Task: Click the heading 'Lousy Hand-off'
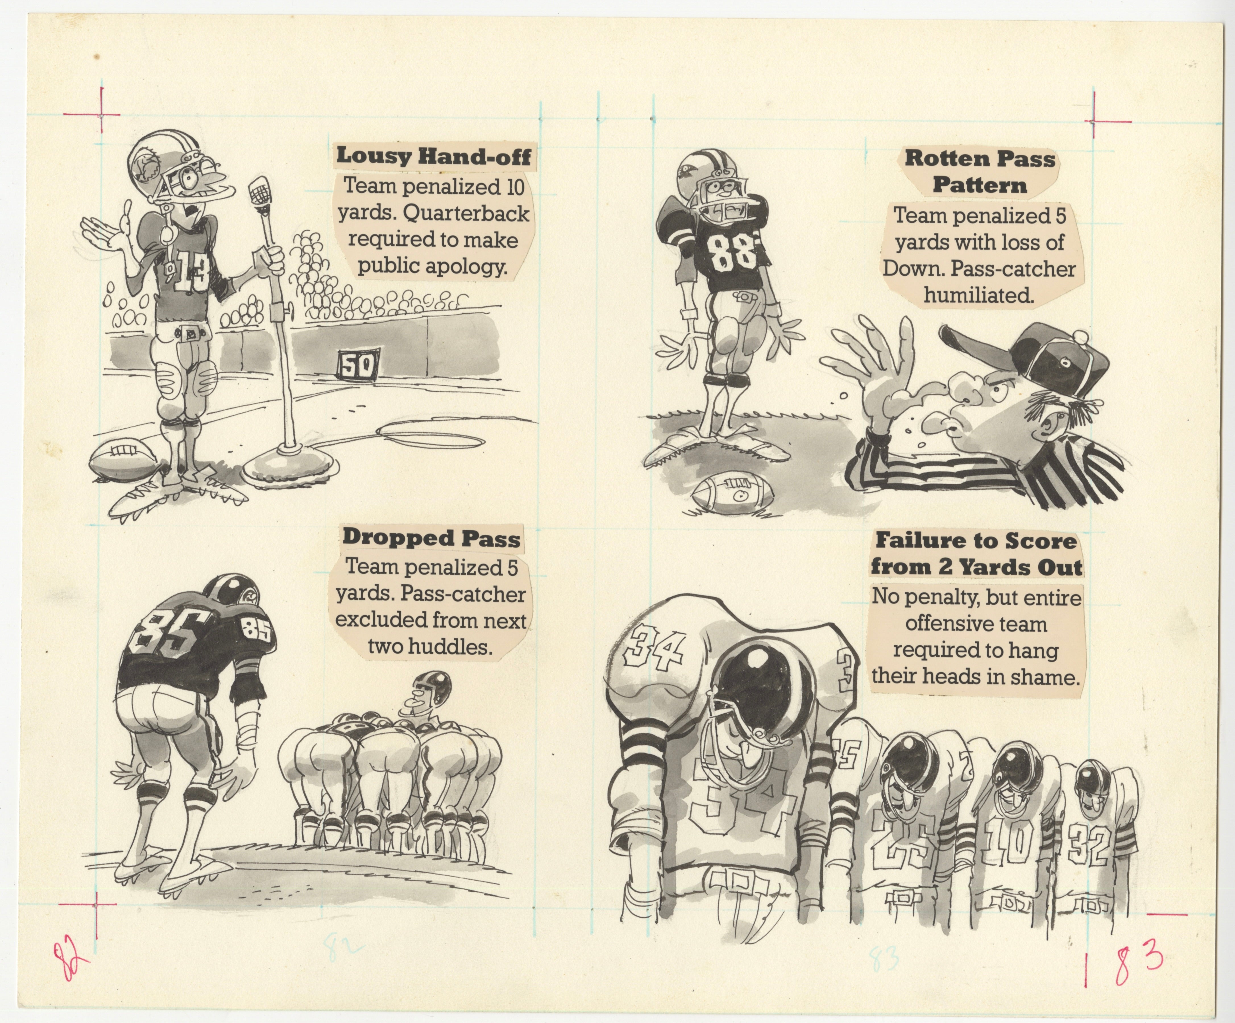[x=434, y=156]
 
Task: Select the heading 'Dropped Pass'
[x=431, y=537]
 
